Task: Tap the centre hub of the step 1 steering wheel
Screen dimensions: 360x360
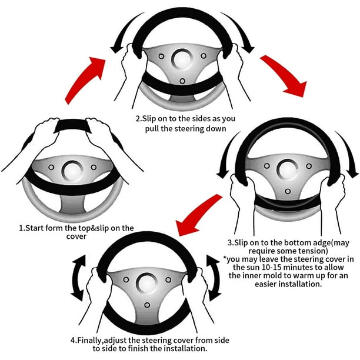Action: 72,171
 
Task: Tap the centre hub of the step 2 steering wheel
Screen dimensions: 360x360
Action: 182,59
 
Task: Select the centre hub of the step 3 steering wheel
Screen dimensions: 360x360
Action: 288,169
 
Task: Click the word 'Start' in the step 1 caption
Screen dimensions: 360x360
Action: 34,228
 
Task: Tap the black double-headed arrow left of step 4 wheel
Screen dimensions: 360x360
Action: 78,278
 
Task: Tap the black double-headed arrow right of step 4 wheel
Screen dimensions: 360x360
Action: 215,278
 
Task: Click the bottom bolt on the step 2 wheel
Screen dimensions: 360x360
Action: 182,81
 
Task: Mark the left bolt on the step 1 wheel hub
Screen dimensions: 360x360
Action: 51,167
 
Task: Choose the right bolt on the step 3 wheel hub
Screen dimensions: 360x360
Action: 309,166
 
